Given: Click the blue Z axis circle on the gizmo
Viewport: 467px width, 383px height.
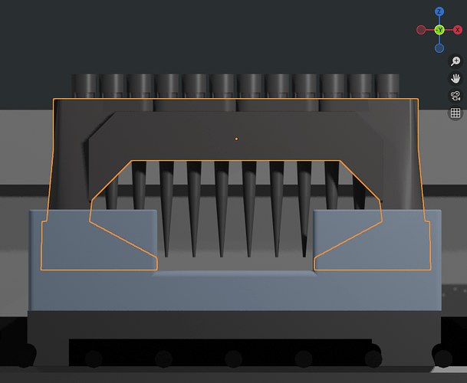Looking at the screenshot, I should point(439,11).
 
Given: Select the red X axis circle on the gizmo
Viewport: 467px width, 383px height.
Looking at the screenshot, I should point(458,29).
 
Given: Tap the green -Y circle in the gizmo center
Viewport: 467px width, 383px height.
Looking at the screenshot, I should point(439,29).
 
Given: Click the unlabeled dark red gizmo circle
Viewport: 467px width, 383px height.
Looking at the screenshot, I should point(421,29).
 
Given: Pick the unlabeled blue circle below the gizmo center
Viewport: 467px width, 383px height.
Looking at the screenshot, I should point(439,47).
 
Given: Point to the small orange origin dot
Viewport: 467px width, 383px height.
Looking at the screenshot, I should point(236,139).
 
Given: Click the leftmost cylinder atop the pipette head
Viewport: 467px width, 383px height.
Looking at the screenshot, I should point(84,86).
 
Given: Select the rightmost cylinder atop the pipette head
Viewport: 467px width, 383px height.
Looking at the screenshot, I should point(387,86).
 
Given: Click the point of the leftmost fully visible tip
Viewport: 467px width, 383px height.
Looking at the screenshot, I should point(166,256).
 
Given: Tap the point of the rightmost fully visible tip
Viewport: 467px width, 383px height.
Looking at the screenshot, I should point(304,256).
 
